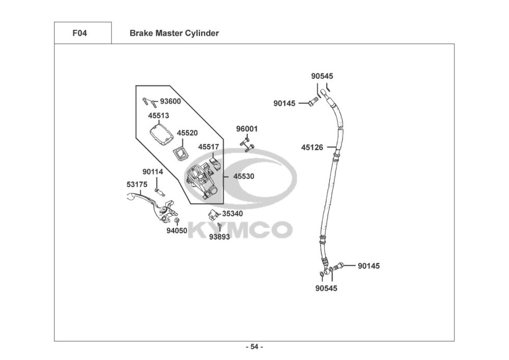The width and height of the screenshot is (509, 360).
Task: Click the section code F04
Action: click(x=80, y=34)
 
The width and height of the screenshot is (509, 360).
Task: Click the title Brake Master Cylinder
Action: click(x=174, y=34)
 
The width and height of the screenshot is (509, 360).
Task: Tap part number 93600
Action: click(x=171, y=101)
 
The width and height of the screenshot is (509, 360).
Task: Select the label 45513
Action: click(x=158, y=116)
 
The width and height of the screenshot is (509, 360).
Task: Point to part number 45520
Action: click(x=187, y=133)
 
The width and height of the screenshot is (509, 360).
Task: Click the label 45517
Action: click(x=209, y=147)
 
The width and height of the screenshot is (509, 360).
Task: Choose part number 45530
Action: click(x=244, y=176)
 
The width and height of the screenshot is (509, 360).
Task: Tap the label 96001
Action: click(x=247, y=129)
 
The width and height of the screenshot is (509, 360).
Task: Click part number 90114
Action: click(x=153, y=172)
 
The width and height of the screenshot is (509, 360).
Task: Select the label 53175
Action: click(x=137, y=184)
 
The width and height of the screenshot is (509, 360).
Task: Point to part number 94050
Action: click(x=177, y=231)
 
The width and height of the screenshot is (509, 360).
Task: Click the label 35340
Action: click(x=232, y=214)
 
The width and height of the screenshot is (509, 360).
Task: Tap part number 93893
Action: click(x=219, y=237)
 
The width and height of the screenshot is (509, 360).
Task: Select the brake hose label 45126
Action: click(x=312, y=148)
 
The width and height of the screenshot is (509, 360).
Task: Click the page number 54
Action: click(x=254, y=347)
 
